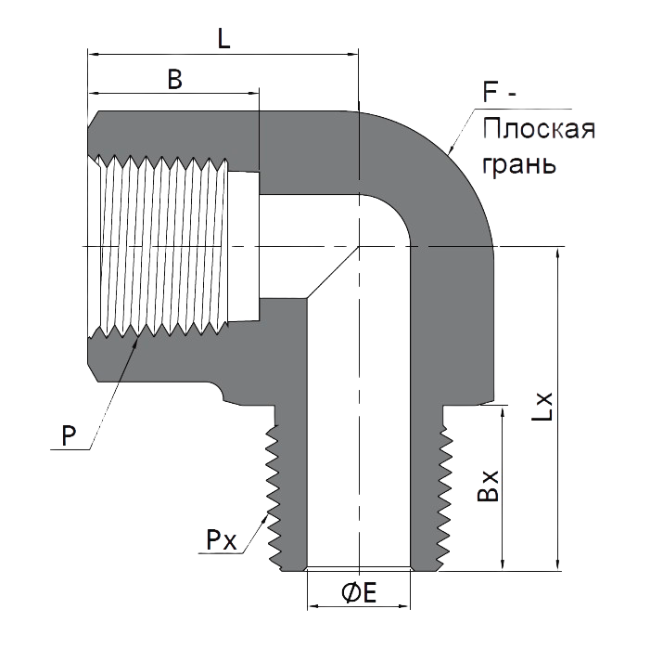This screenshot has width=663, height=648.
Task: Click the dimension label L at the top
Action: click(223, 40)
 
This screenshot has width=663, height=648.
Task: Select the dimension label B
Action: click(174, 79)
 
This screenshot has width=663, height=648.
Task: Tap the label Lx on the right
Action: click(542, 407)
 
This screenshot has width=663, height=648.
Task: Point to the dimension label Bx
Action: click(488, 486)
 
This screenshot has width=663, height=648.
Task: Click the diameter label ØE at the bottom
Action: click(359, 592)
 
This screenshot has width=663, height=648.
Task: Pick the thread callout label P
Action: click(69, 435)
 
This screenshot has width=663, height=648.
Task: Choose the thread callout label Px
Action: click(221, 540)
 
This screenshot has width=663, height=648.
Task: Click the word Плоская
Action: click(539, 129)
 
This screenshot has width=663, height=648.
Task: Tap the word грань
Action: click(519, 164)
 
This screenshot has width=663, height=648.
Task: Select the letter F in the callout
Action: click(490, 92)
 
